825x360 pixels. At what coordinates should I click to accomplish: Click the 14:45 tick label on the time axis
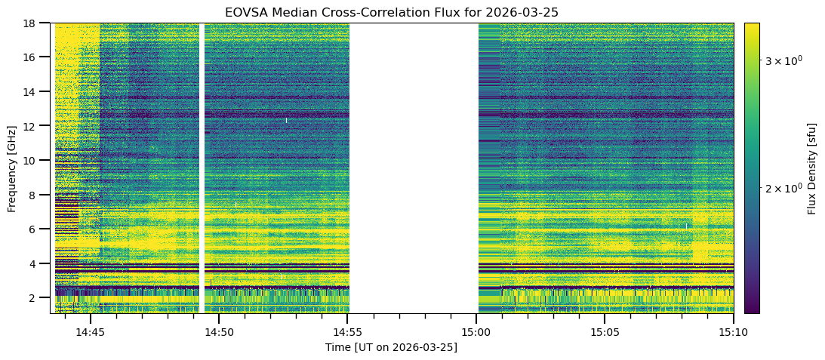click(x=91, y=333)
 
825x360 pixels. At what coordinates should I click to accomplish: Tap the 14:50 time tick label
click(x=219, y=333)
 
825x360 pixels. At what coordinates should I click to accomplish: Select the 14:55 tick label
click(x=348, y=333)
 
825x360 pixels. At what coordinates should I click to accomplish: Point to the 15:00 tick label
click(x=476, y=333)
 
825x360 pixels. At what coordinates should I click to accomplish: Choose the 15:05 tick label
click(x=605, y=333)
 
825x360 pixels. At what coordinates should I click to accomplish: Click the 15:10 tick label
click(x=734, y=333)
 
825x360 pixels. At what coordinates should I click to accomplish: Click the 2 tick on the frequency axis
click(x=43, y=298)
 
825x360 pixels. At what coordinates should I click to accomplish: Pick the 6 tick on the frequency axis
click(x=43, y=229)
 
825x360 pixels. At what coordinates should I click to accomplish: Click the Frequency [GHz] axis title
click(x=12, y=168)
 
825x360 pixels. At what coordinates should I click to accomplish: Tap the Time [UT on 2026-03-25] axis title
click(x=391, y=348)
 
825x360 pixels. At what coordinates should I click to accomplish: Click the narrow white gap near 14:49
click(x=202, y=168)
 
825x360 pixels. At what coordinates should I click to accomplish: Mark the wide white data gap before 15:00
click(x=414, y=168)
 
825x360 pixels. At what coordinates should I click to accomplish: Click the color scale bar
click(x=752, y=168)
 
